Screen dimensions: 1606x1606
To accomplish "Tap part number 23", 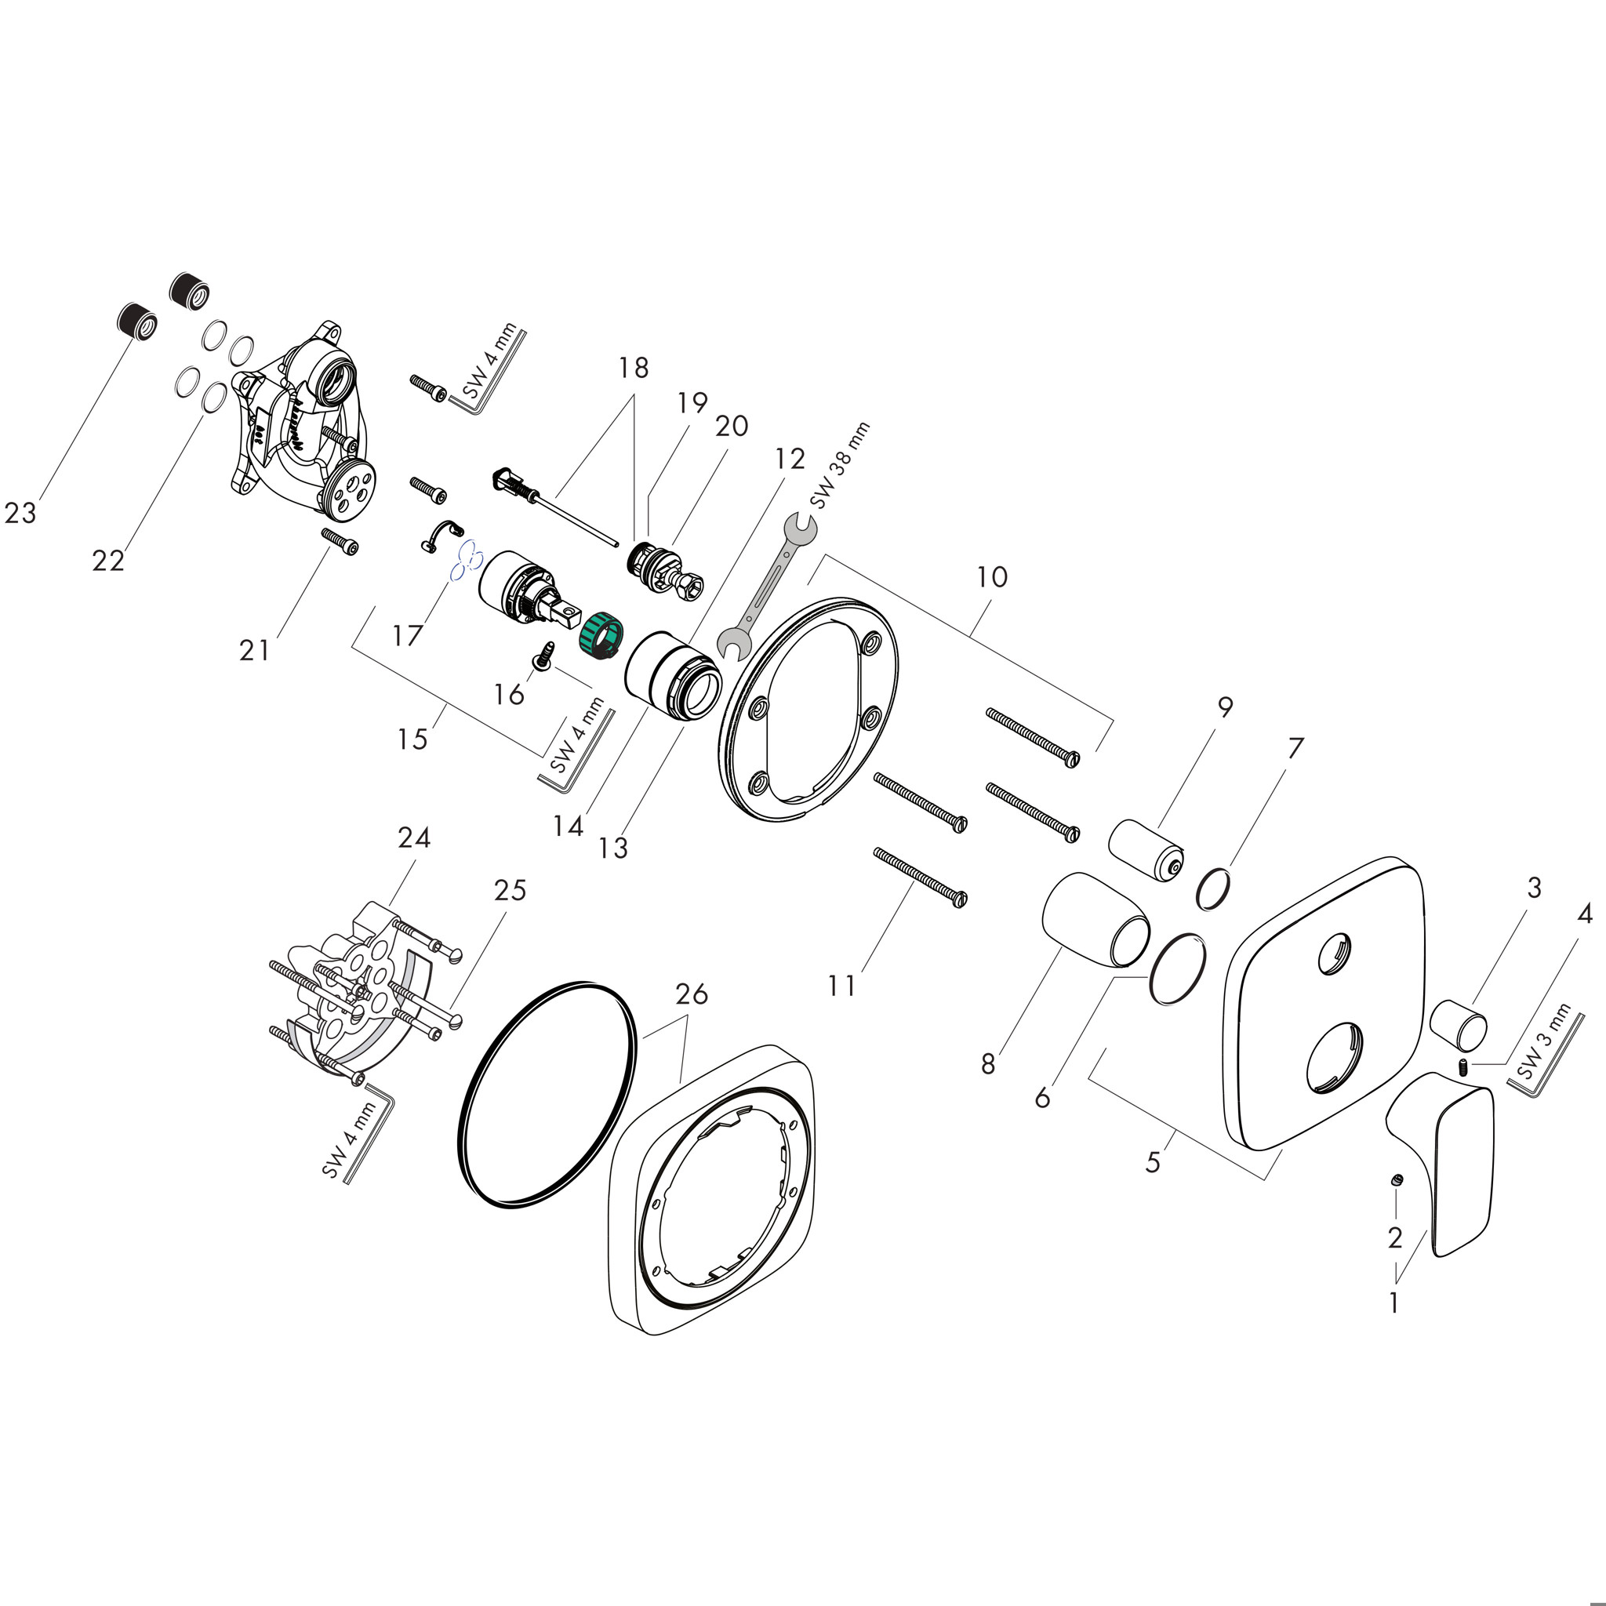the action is [21, 513].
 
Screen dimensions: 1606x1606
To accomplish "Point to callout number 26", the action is [691, 994].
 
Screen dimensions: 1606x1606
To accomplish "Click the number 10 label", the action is [992, 576].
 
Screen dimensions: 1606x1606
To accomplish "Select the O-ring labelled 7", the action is [1215, 888].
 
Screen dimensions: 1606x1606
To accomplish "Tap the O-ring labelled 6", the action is [1177, 968].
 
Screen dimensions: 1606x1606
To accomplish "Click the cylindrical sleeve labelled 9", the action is [1146, 852].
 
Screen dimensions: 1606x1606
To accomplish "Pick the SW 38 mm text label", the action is [840, 466].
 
